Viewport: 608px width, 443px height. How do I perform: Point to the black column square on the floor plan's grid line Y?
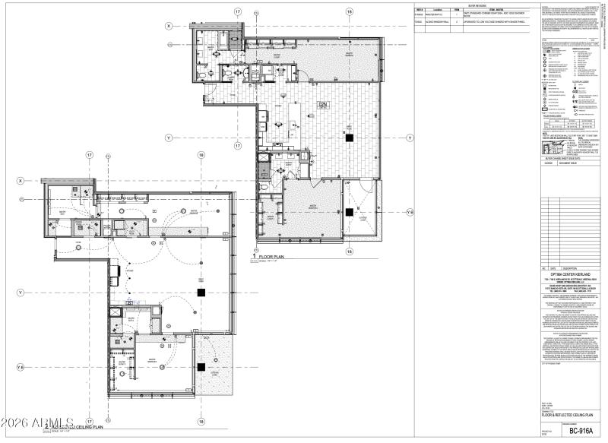click(349, 138)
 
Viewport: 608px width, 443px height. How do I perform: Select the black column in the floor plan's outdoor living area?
click(348, 212)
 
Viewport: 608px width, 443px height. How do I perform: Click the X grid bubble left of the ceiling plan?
click(21, 180)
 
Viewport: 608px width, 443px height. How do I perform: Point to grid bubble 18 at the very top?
click(349, 12)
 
